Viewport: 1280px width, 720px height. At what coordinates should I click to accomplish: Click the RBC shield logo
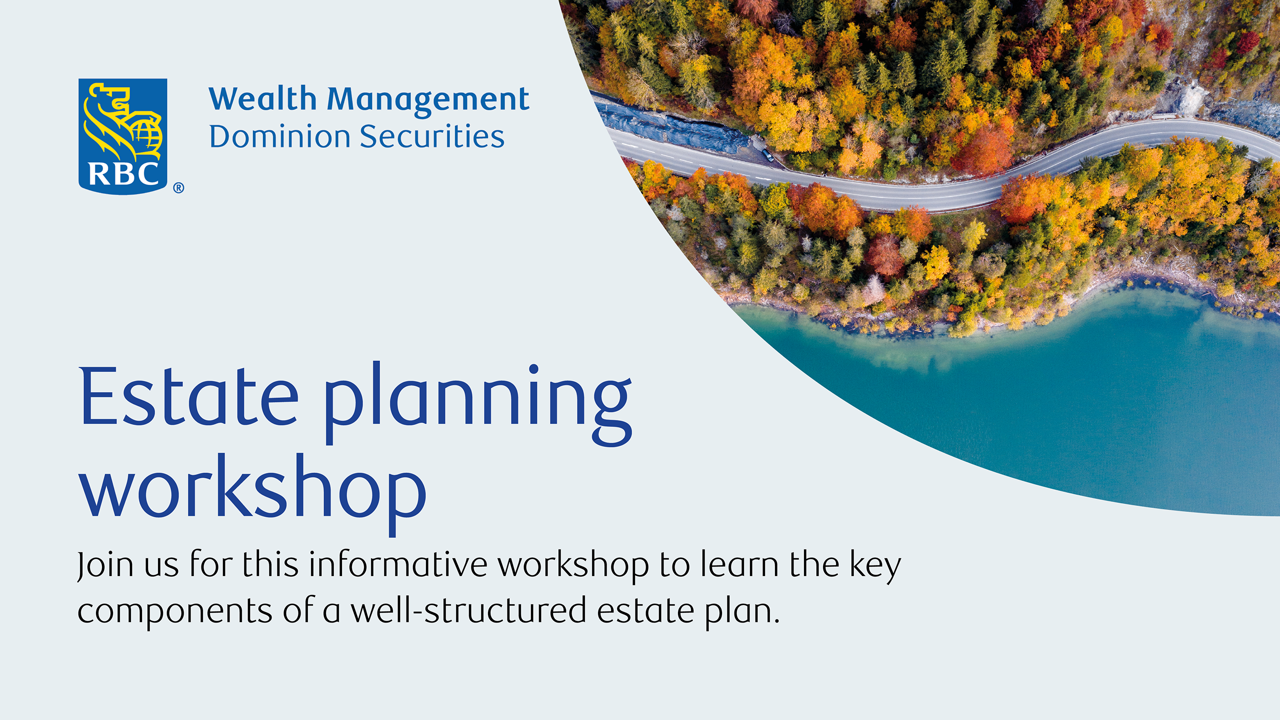[x=123, y=136]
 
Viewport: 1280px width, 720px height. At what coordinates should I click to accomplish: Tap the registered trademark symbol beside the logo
[x=178, y=188]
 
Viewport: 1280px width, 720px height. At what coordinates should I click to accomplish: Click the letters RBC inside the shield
[x=123, y=174]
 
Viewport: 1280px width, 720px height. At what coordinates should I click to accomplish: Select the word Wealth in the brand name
[x=262, y=98]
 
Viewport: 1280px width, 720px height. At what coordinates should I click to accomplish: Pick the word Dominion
[x=279, y=136]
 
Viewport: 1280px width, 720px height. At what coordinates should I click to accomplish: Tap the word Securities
[x=432, y=136]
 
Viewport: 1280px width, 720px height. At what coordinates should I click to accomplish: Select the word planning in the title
[x=478, y=403]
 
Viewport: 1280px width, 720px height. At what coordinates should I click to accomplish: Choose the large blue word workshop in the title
[x=252, y=494]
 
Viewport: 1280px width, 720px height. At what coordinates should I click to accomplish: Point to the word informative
[x=398, y=564]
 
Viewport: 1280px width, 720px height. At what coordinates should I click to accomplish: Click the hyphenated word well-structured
[x=468, y=610]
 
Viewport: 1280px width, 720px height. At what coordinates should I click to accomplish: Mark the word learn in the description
[x=739, y=564]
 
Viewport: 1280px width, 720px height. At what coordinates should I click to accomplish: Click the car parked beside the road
[x=767, y=155]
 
